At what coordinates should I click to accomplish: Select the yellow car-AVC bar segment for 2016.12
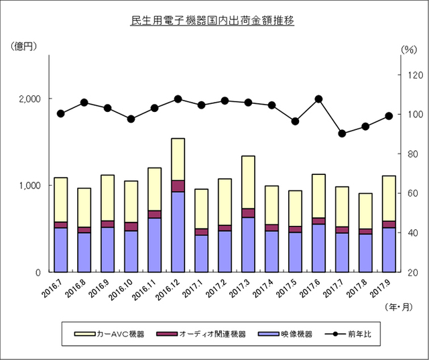[x=178, y=159]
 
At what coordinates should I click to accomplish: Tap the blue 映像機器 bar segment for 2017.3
[x=248, y=244]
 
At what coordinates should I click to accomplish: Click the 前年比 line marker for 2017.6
[x=318, y=99]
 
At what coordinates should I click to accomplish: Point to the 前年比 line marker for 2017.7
[x=342, y=133]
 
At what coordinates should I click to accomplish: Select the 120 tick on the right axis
[x=409, y=75]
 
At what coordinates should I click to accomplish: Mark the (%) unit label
[x=408, y=50]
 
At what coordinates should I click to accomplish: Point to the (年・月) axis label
[x=400, y=307]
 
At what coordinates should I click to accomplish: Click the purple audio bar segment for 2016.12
[x=178, y=186]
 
